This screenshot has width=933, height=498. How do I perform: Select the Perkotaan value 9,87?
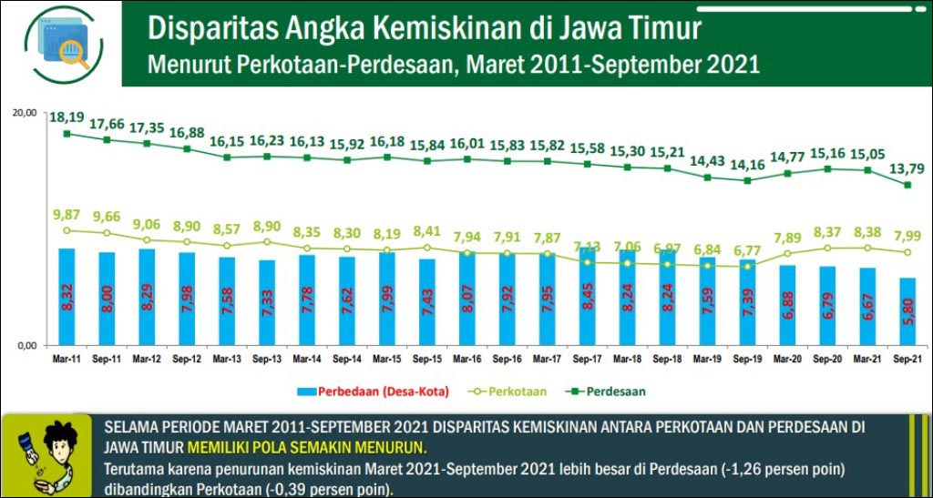[67, 215]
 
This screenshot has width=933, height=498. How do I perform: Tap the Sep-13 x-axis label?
[268, 360]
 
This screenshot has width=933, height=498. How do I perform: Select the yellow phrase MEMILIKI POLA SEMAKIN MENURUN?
[306, 448]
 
